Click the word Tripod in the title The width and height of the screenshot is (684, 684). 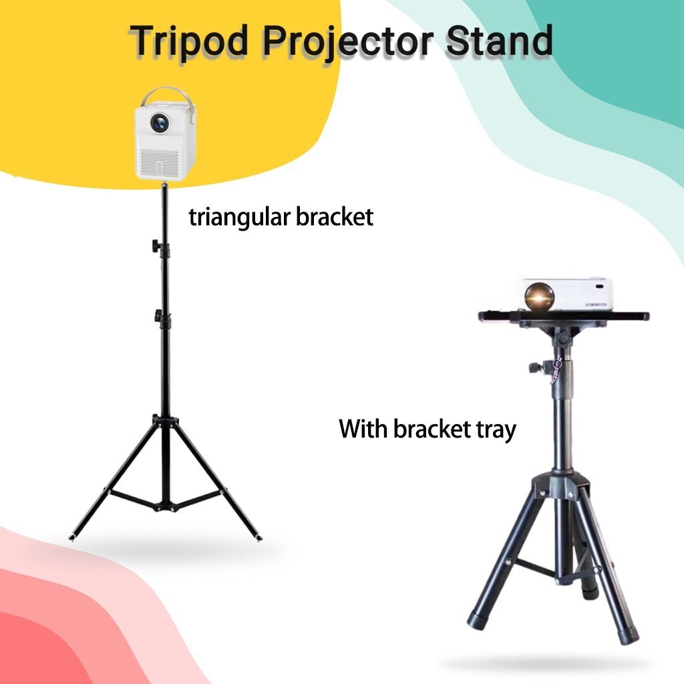[x=190, y=41]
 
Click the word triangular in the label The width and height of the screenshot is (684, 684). [x=240, y=218]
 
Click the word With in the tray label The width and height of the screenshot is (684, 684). [x=363, y=428]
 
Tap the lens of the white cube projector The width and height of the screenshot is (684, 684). [x=159, y=122]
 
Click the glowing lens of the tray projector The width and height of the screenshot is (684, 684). [x=539, y=297]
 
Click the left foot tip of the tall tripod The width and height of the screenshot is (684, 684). [x=72, y=537]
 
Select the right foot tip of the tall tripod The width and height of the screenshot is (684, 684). [x=259, y=538]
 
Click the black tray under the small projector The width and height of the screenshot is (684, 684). [x=563, y=316]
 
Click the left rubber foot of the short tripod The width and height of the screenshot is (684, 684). [x=476, y=619]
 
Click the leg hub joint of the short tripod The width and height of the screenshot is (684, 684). [x=560, y=485]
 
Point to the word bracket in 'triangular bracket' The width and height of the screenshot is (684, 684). [x=335, y=217]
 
